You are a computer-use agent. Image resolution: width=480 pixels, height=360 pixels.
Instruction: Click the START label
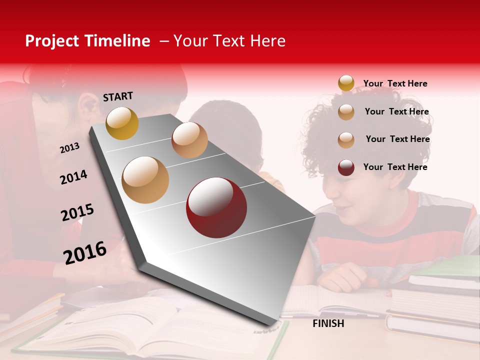coord(118,96)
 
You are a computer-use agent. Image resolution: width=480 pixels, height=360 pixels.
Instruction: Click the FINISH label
coord(328,323)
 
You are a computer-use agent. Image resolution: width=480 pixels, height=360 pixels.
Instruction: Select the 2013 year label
coord(69,147)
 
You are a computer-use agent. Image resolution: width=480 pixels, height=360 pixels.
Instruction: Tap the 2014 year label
coord(73,177)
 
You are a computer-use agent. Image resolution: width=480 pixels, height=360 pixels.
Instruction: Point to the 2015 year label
coord(77,213)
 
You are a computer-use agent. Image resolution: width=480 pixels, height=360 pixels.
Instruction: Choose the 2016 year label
coord(85,252)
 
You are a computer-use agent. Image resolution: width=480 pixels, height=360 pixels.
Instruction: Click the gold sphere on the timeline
coord(122,123)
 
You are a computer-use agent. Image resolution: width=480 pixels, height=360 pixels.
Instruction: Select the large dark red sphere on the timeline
coord(216,207)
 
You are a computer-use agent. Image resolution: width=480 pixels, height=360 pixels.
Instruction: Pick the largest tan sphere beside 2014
coord(145,180)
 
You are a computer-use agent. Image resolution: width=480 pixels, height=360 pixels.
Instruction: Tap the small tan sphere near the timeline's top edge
coord(189,140)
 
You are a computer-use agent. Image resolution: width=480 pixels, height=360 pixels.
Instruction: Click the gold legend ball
coord(346,83)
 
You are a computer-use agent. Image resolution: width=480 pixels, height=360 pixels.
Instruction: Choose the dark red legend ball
coord(346,167)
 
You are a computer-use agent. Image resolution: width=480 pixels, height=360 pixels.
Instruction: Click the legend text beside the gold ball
coord(395,83)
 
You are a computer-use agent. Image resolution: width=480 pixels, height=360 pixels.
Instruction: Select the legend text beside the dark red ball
coord(395,167)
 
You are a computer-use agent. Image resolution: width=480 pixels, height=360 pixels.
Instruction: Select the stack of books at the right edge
coord(435,300)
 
